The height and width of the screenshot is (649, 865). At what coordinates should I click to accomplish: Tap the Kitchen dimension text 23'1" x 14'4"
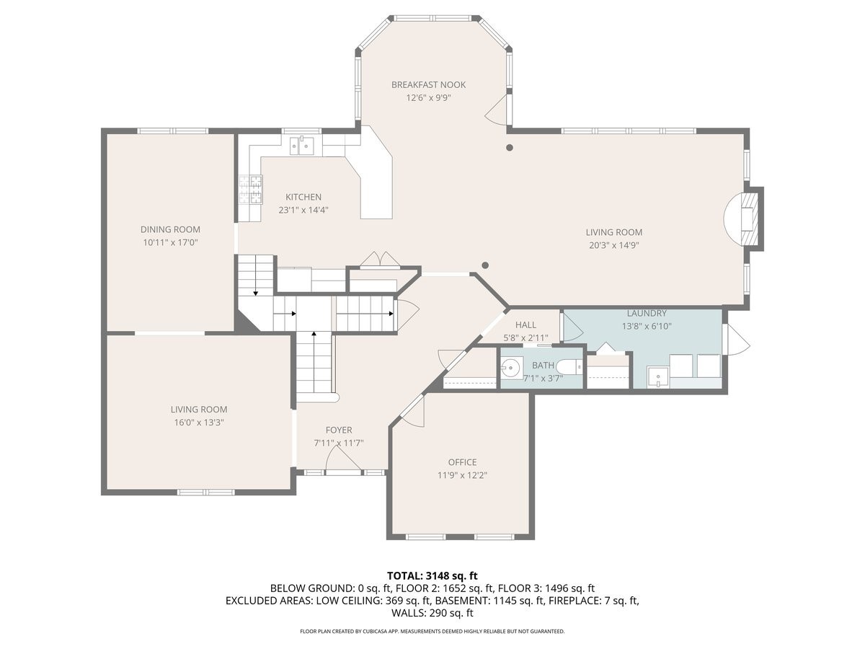[x=303, y=211]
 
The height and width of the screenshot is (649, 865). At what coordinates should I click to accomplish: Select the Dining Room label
[x=170, y=229]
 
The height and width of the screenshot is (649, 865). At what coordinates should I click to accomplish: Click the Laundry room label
[x=647, y=314]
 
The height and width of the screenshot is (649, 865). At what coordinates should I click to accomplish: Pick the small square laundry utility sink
[x=657, y=376]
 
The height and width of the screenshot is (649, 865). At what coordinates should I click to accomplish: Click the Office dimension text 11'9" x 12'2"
[x=462, y=475]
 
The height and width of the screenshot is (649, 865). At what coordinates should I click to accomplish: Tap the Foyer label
[x=338, y=430]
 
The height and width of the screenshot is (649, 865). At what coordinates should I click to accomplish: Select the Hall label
[x=525, y=325]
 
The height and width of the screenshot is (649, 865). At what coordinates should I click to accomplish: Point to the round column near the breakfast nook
[x=510, y=148]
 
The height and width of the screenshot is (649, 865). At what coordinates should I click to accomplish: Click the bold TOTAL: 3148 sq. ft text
[x=432, y=575]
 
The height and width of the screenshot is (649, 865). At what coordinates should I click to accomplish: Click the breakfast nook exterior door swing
[x=497, y=110]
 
